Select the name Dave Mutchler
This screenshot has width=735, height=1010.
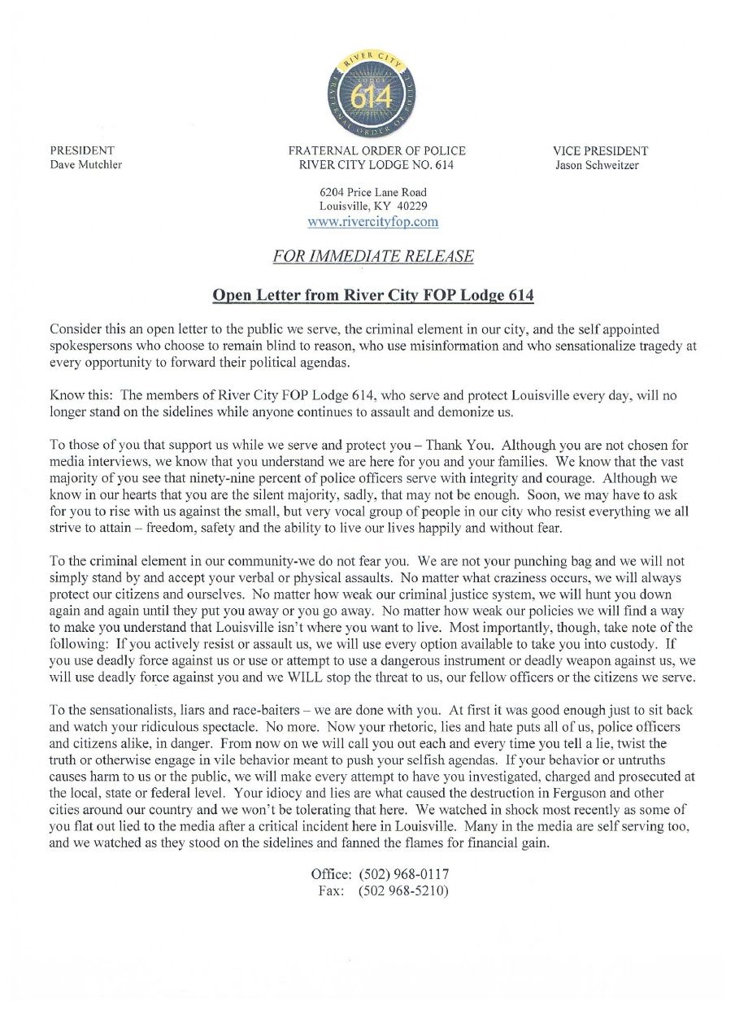coord(86,165)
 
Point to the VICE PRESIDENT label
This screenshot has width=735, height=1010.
coord(600,150)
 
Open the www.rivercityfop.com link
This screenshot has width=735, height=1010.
coord(373,221)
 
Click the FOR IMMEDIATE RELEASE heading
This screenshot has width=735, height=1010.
coord(373,256)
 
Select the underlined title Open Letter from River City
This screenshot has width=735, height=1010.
coord(373,295)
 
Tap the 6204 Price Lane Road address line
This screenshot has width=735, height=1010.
coord(373,192)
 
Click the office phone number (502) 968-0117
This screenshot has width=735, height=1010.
coord(403,874)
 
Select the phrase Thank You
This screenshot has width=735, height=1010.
coord(459,445)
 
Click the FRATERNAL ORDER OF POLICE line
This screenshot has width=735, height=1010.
coord(376,150)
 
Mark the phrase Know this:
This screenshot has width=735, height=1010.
coord(80,394)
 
